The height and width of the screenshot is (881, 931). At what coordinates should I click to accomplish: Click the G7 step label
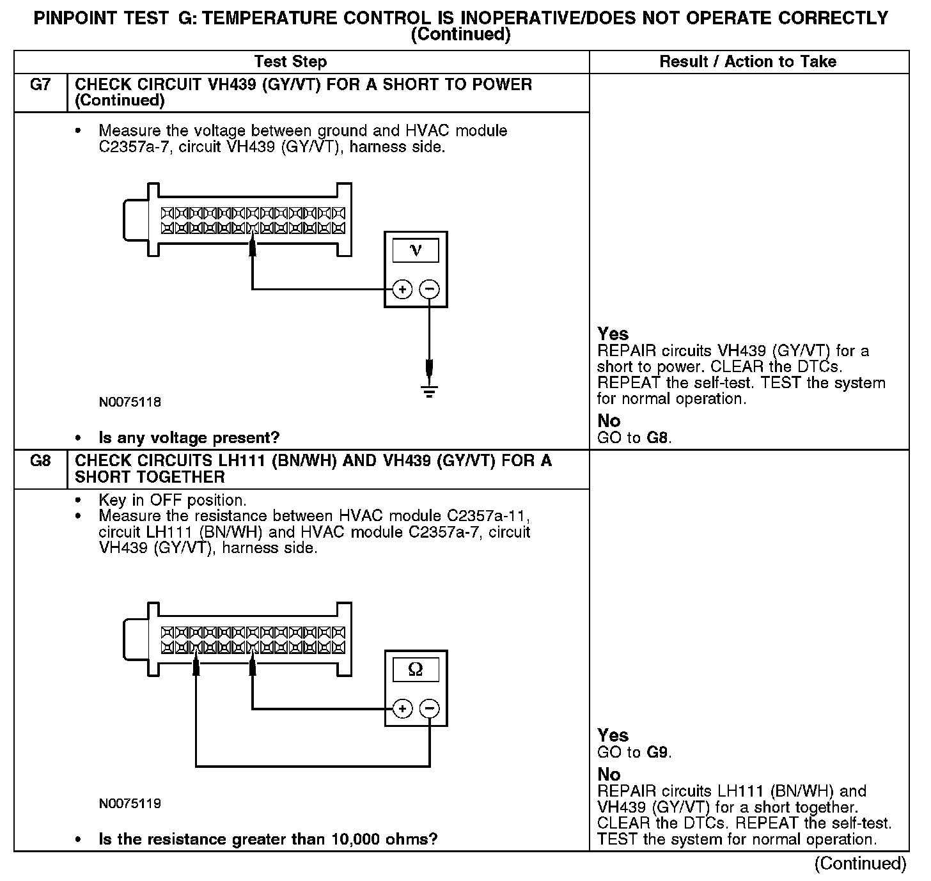click(40, 84)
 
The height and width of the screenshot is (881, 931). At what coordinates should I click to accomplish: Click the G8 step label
click(40, 460)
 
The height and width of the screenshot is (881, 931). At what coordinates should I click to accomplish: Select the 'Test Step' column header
click(290, 62)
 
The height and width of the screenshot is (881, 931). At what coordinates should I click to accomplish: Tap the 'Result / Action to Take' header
click(747, 62)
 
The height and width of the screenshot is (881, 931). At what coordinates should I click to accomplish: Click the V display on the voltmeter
click(416, 250)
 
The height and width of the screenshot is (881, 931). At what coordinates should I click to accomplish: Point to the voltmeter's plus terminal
click(402, 290)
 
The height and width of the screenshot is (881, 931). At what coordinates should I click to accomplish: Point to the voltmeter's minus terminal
click(429, 290)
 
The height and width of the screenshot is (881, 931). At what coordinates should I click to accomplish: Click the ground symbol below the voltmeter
click(430, 390)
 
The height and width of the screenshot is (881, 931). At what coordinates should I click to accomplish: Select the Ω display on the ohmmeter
click(416, 669)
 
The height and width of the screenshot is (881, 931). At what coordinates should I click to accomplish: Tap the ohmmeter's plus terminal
click(402, 708)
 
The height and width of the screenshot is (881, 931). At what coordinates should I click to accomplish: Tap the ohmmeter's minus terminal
click(430, 708)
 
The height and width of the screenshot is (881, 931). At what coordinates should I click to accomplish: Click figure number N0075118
click(130, 403)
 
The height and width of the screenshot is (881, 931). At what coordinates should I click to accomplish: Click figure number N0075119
click(130, 804)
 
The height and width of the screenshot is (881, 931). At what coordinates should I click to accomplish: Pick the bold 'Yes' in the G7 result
click(613, 334)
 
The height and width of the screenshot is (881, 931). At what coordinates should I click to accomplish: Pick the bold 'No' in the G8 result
click(609, 774)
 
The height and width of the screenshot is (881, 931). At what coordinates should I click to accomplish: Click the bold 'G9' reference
click(658, 752)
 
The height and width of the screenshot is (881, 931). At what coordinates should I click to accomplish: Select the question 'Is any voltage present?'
click(189, 438)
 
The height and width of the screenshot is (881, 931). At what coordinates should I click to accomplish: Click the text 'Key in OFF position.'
click(172, 500)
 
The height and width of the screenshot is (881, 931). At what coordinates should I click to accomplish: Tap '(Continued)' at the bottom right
click(860, 864)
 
